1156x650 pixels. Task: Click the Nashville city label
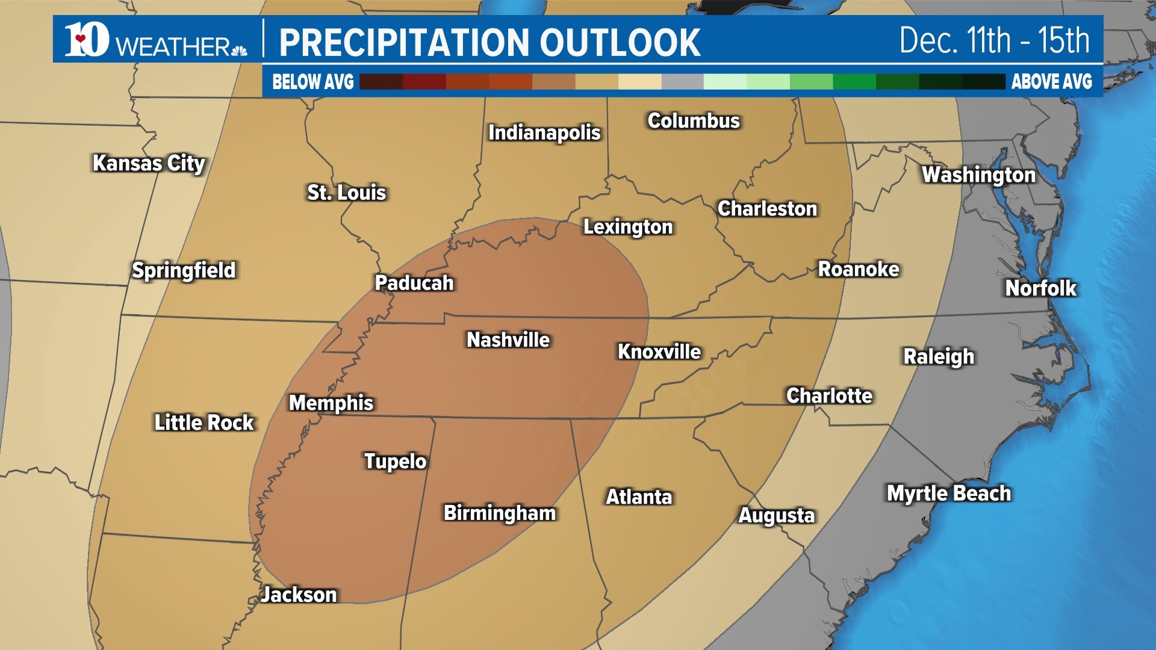508,340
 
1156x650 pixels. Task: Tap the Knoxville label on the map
659,352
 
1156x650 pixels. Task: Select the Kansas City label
149,163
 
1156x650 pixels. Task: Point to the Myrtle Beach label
948,494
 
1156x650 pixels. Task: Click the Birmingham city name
500,513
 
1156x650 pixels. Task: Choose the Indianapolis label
544,132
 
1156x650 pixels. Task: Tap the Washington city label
978,175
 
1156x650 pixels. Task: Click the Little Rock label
204,422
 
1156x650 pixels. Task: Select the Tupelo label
396,462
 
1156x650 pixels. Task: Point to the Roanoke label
858,269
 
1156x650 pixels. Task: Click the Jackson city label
299,595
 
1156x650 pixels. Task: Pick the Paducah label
414,283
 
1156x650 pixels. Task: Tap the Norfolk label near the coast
1040,288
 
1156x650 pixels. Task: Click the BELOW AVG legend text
313,82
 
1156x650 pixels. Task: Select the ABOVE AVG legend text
1051,82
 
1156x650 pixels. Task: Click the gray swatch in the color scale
682,82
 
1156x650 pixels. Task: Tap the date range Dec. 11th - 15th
994,41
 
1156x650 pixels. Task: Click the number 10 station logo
87,40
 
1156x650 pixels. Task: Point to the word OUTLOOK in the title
620,43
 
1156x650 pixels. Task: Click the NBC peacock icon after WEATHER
240,49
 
